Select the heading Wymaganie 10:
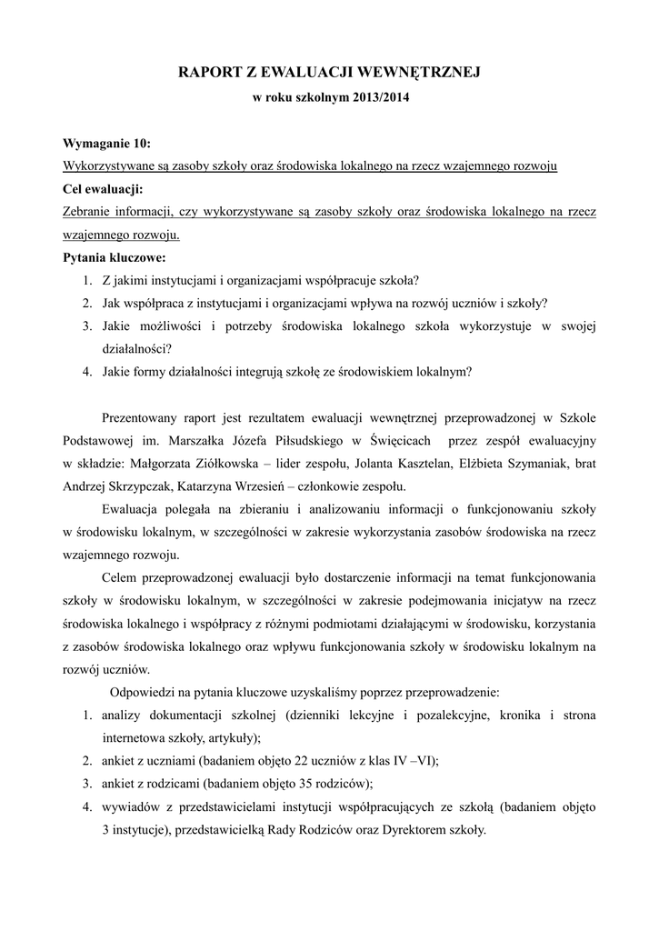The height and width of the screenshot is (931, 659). tap(107, 144)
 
